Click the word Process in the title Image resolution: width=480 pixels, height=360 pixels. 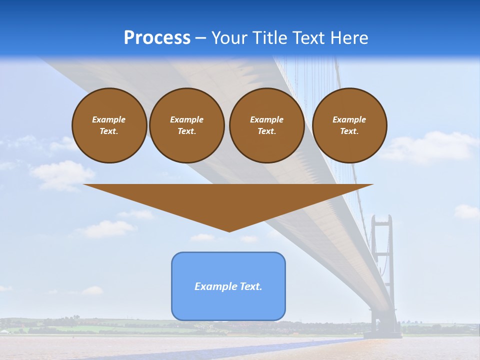tap(157, 38)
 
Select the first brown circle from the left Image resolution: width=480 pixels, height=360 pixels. tap(109, 125)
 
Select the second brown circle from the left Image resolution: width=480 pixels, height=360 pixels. tap(186, 125)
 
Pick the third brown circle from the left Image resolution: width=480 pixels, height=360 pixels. tap(266, 125)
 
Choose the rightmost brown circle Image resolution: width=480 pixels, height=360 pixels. tap(349, 125)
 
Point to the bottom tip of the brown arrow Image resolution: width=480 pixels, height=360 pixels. tap(229, 231)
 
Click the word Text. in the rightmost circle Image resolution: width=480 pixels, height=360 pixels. tap(349, 131)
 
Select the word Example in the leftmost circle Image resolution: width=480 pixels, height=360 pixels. tap(109, 120)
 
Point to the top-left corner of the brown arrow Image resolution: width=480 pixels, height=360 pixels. tap(84, 185)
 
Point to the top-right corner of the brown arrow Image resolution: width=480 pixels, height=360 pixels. tap(372, 185)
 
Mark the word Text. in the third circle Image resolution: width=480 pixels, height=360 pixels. tap(266, 131)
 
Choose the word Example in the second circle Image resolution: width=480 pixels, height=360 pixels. tap(186, 120)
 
